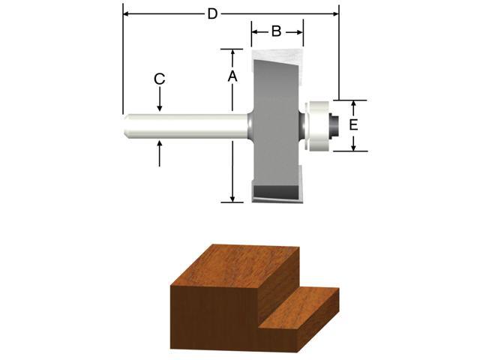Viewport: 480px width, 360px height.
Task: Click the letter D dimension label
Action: tap(213, 13)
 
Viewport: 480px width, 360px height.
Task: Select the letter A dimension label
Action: tap(232, 76)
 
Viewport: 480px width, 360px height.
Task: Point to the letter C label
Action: tap(159, 79)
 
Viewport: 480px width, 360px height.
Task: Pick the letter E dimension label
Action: tap(353, 124)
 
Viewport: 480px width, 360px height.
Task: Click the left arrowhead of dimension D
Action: tap(127, 13)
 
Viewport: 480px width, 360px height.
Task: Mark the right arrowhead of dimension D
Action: tap(334, 13)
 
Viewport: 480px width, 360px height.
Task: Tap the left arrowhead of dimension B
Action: tap(255, 31)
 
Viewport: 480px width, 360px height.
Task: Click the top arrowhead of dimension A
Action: tap(232, 53)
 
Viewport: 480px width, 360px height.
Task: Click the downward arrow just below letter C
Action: tap(159, 108)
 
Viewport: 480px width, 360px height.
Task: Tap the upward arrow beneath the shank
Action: tap(159, 144)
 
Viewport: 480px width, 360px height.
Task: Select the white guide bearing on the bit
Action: tap(318, 125)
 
